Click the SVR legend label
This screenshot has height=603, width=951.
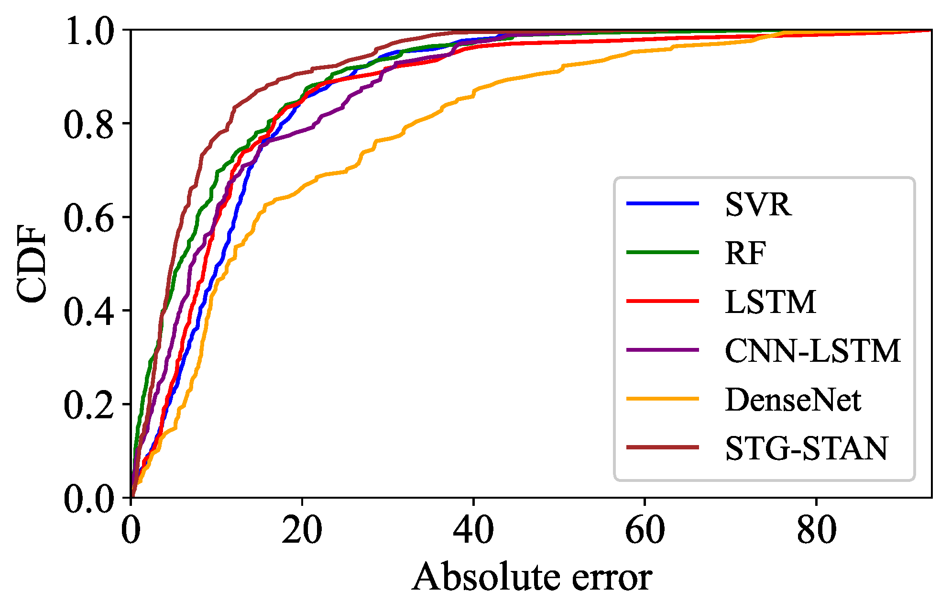pos(758,205)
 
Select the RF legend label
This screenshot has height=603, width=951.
pos(745,253)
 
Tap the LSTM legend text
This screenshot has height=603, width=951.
pos(770,302)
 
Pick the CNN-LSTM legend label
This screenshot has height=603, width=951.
pos(812,351)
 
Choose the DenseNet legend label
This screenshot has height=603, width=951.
pos(792,400)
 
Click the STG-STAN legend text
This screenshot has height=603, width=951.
pos(806,448)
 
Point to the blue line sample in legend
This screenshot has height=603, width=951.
pos(663,204)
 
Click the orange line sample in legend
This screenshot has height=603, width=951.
pos(663,399)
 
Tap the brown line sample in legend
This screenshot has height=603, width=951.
pos(663,447)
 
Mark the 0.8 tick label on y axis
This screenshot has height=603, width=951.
pos(89,124)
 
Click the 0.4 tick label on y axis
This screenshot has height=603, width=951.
pos(89,311)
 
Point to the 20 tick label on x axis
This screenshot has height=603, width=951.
pos(302,530)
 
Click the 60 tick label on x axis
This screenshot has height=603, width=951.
pos(645,530)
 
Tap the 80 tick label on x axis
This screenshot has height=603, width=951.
pos(816,530)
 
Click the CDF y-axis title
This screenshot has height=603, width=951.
pos(32,264)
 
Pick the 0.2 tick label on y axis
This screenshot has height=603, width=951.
pos(89,405)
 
